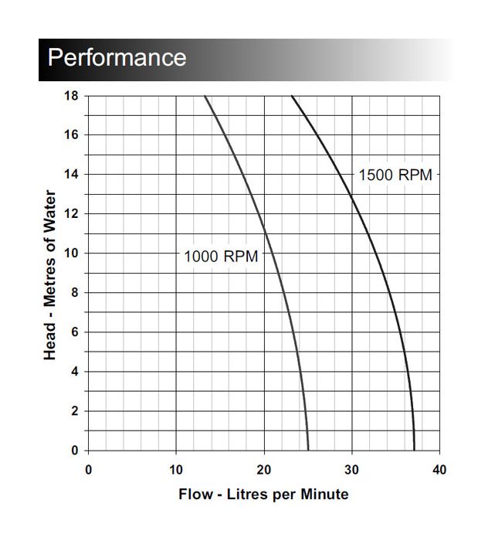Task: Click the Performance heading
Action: (x=117, y=58)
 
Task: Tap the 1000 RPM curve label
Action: (x=221, y=257)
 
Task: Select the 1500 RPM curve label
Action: (x=395, y=175)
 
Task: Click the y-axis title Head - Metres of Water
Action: (x=50, y=273)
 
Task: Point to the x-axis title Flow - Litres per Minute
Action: (x=263, y=494)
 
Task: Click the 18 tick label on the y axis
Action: (x=71, y=96)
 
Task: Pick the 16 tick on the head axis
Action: (x=71, y=135)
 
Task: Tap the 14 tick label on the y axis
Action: (x=71, y=175)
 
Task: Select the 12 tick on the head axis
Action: (x=71, y=214)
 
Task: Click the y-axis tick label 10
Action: (x=71, y=253)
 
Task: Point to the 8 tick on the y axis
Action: (x=74, y=293)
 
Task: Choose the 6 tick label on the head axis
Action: (x=74, y=332)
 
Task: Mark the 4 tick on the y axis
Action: (x=74, y=372)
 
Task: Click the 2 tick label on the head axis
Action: (x=74, y=411)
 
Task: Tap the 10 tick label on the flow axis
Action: (x=176, y=469)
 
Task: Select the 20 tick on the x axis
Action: (x=264, y=469)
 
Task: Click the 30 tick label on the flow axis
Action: (x=352, y=469)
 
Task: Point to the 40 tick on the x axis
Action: (x=440, y=469)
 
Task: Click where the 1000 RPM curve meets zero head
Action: (x=308, y=450)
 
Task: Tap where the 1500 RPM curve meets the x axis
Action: (x=414, y=450)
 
